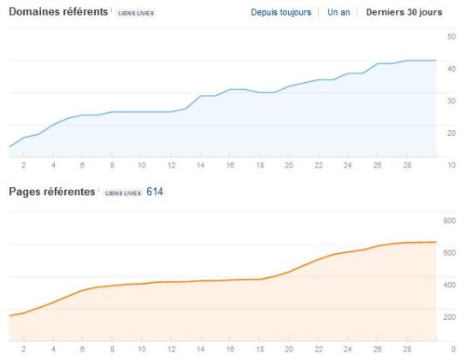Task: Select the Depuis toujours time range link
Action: pyautogui.click(x=280, y=14)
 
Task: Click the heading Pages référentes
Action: pyautogui.click(x=50, y=192)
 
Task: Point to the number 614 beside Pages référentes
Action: pyautogui.click(x=155, y=192)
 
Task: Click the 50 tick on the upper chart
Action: pyautogui.click(x=451, y=38)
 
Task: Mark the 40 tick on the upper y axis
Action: pyautogui.click(x=451, y=69)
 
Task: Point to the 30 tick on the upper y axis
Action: pyautogui.click(x=451, y=101)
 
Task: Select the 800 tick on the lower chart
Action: pyautogui.click(x=450, y=221)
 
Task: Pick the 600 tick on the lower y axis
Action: pyautogui.click(x=450, y=253)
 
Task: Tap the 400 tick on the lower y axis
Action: pyautogui.click(x=450, y=285)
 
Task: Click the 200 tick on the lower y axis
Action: pyautogui.click(x=450, y=316)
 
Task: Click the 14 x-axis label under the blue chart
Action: pyautogui.click(x=200, y=165)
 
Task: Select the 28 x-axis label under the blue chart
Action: pyautogui.click(x=406, y=165)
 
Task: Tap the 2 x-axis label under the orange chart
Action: pyautogui.click(x=24, y=349)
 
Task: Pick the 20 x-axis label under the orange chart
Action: pyautogui.click(x=288, y=349)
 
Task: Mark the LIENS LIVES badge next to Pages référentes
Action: pyautogui.click(x=123, y=193)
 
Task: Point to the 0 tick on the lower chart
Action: pyautogui.click(x=453, y=349)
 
